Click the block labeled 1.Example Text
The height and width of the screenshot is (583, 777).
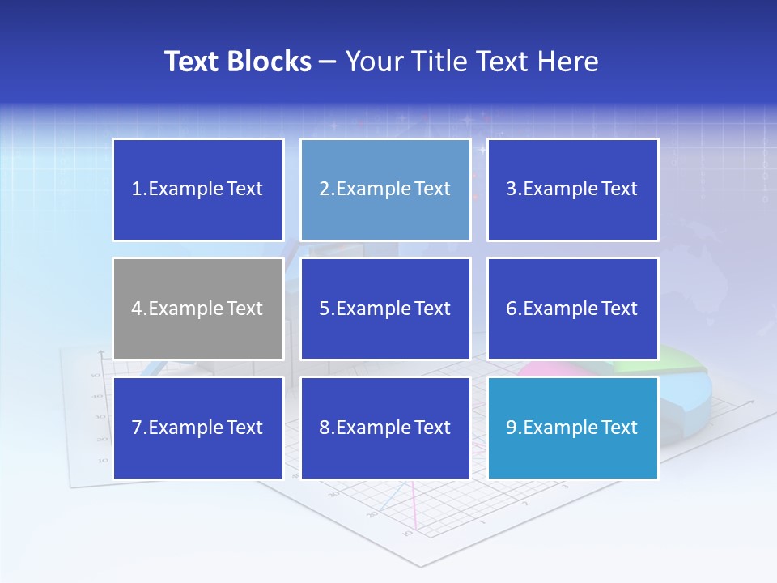point(198,189)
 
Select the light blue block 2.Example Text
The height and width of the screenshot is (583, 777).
point(385,189)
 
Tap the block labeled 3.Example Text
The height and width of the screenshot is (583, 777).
point(572,189)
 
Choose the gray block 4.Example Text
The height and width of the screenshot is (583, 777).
point(198,309)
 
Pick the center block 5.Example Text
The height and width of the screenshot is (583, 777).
point(385,309)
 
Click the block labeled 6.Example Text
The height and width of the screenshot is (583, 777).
point(572,309)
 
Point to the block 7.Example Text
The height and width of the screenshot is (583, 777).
point(198,428)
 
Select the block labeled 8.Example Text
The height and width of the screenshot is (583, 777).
point(385,428)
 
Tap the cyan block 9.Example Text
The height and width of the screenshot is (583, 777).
point(572,428)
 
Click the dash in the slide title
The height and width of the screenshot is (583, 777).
point(329,62)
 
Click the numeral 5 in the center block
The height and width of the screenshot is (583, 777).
point(324,309)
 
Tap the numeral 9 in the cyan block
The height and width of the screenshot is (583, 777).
point(512,428)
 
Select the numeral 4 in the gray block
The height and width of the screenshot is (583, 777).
point(137,309)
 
